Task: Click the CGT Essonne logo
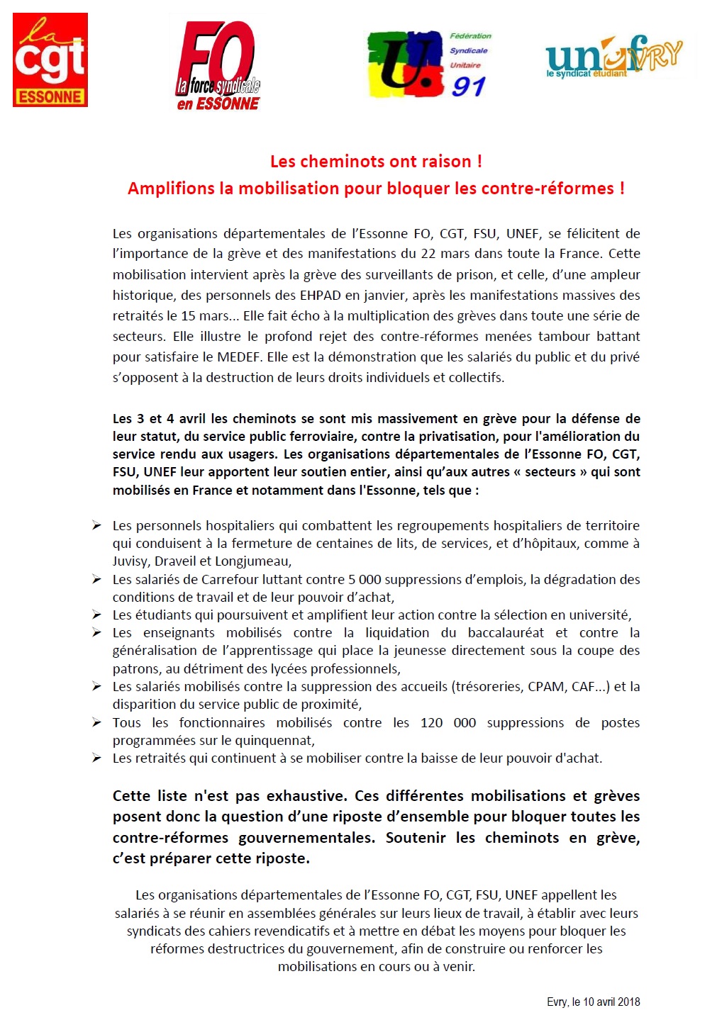pos(50,60)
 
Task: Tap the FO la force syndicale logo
pos(218,66)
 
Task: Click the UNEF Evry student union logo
pos(614,57)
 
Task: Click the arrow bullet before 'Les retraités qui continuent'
pos(96,758)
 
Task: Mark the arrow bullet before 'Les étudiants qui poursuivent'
pos(96,615)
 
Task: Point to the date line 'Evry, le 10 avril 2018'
pos(593,1002)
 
